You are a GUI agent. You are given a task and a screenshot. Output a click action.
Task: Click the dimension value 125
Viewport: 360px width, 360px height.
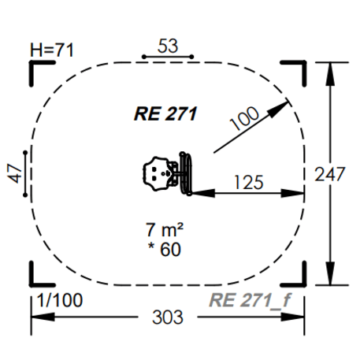coord(249,182)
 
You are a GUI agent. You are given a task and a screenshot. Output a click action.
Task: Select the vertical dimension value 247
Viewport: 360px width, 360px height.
coord(344,174)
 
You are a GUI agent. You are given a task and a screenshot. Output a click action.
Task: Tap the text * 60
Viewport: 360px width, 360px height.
coord(164,251)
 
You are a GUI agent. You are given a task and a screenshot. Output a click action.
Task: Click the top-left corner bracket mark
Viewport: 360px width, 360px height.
coord(37,69)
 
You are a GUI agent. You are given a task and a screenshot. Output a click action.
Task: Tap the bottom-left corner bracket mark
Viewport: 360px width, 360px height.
coord(37,280)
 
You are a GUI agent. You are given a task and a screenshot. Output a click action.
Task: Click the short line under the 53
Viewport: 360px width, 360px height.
coord(167,58)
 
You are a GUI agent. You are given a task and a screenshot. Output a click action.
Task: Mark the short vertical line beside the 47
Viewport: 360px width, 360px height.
coord(27,173)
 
